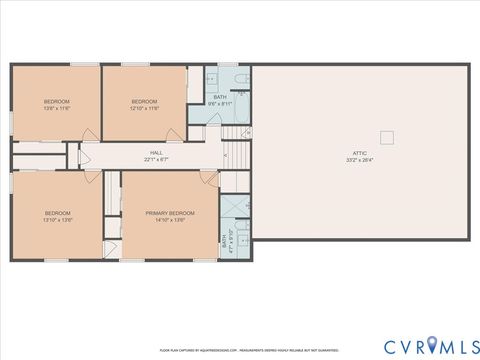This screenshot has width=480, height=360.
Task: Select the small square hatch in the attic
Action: click(x=387, y=137)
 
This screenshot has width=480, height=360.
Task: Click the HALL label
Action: click(x=156, y=152)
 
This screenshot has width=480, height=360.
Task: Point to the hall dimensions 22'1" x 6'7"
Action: click(x=156, y=159)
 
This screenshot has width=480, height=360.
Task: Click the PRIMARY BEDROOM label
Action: click(x=169, y=214)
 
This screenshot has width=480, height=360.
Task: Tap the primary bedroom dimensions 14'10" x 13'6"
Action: click(x=169, y=221)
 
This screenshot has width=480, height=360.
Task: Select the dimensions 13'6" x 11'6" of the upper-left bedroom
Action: click(x=56, y=108)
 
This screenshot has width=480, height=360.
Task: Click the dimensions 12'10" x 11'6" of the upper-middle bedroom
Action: click(x=145, y=108)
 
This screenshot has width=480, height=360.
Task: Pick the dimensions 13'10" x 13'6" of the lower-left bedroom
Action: click(x=56, y=221)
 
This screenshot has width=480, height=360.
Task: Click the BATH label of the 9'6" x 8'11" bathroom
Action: click(x=220, y=97)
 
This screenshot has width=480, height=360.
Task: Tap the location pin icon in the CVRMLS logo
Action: click(x=433, y=345)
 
